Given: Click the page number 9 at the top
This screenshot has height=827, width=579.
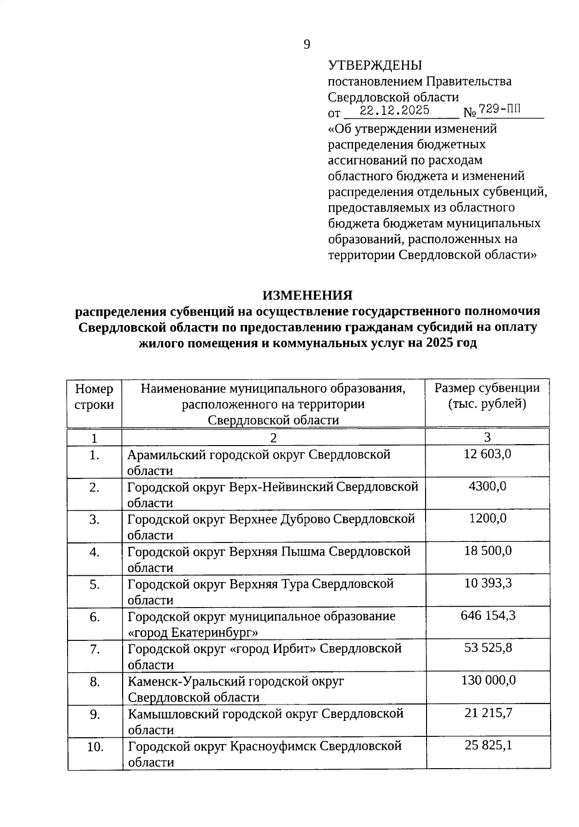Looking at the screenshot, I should (x=307, y=45).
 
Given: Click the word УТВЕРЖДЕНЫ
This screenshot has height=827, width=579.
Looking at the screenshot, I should (x=374, y=66).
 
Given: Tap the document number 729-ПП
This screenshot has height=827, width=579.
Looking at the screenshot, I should (x=499, y=109).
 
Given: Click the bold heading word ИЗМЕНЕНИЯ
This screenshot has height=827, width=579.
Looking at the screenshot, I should (x=307, y=295).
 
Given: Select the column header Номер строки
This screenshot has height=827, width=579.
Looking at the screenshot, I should (x=95, y=396).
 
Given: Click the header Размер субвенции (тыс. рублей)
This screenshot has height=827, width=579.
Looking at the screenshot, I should (x=487, y=395).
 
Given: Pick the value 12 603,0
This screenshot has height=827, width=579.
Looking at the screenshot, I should (x=487, y=454).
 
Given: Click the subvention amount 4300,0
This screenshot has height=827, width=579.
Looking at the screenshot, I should (x=487, y=486).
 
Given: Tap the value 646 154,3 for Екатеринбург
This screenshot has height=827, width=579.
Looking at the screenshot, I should (x=487, y=615).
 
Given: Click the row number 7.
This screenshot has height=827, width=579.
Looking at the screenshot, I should (x=95, y=650).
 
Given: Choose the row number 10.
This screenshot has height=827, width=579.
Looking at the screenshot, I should (x=95, y=747).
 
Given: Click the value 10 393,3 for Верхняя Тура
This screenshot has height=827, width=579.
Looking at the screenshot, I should (x=488, y=583).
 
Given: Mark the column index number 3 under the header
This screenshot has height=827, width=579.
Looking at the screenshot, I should (x=487, y=437).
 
